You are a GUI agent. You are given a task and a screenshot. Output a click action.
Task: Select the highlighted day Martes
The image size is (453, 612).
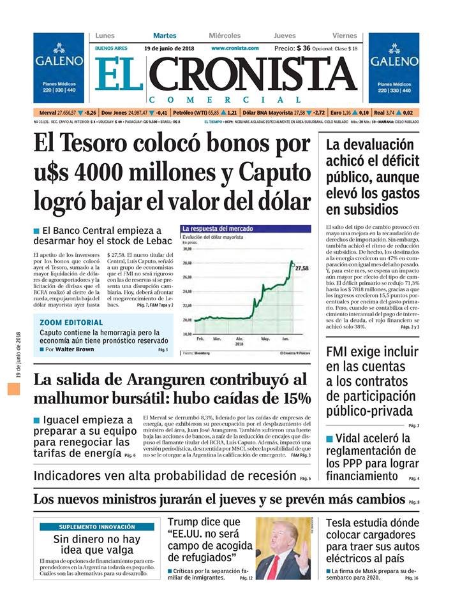tap(165, 36)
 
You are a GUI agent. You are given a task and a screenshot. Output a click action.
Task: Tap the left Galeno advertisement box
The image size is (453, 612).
tap(59, 68)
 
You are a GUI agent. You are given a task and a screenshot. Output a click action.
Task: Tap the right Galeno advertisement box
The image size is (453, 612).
tap(394, 68)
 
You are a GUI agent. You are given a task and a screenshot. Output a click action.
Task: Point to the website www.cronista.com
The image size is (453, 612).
tap(235, 48)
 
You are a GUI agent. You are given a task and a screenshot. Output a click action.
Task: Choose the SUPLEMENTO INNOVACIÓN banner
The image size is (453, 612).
tap(97, 527)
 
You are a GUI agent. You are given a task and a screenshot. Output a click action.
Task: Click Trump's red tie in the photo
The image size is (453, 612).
tap(273, 566)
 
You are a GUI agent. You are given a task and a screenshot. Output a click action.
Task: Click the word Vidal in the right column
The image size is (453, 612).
tap(352, 439)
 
